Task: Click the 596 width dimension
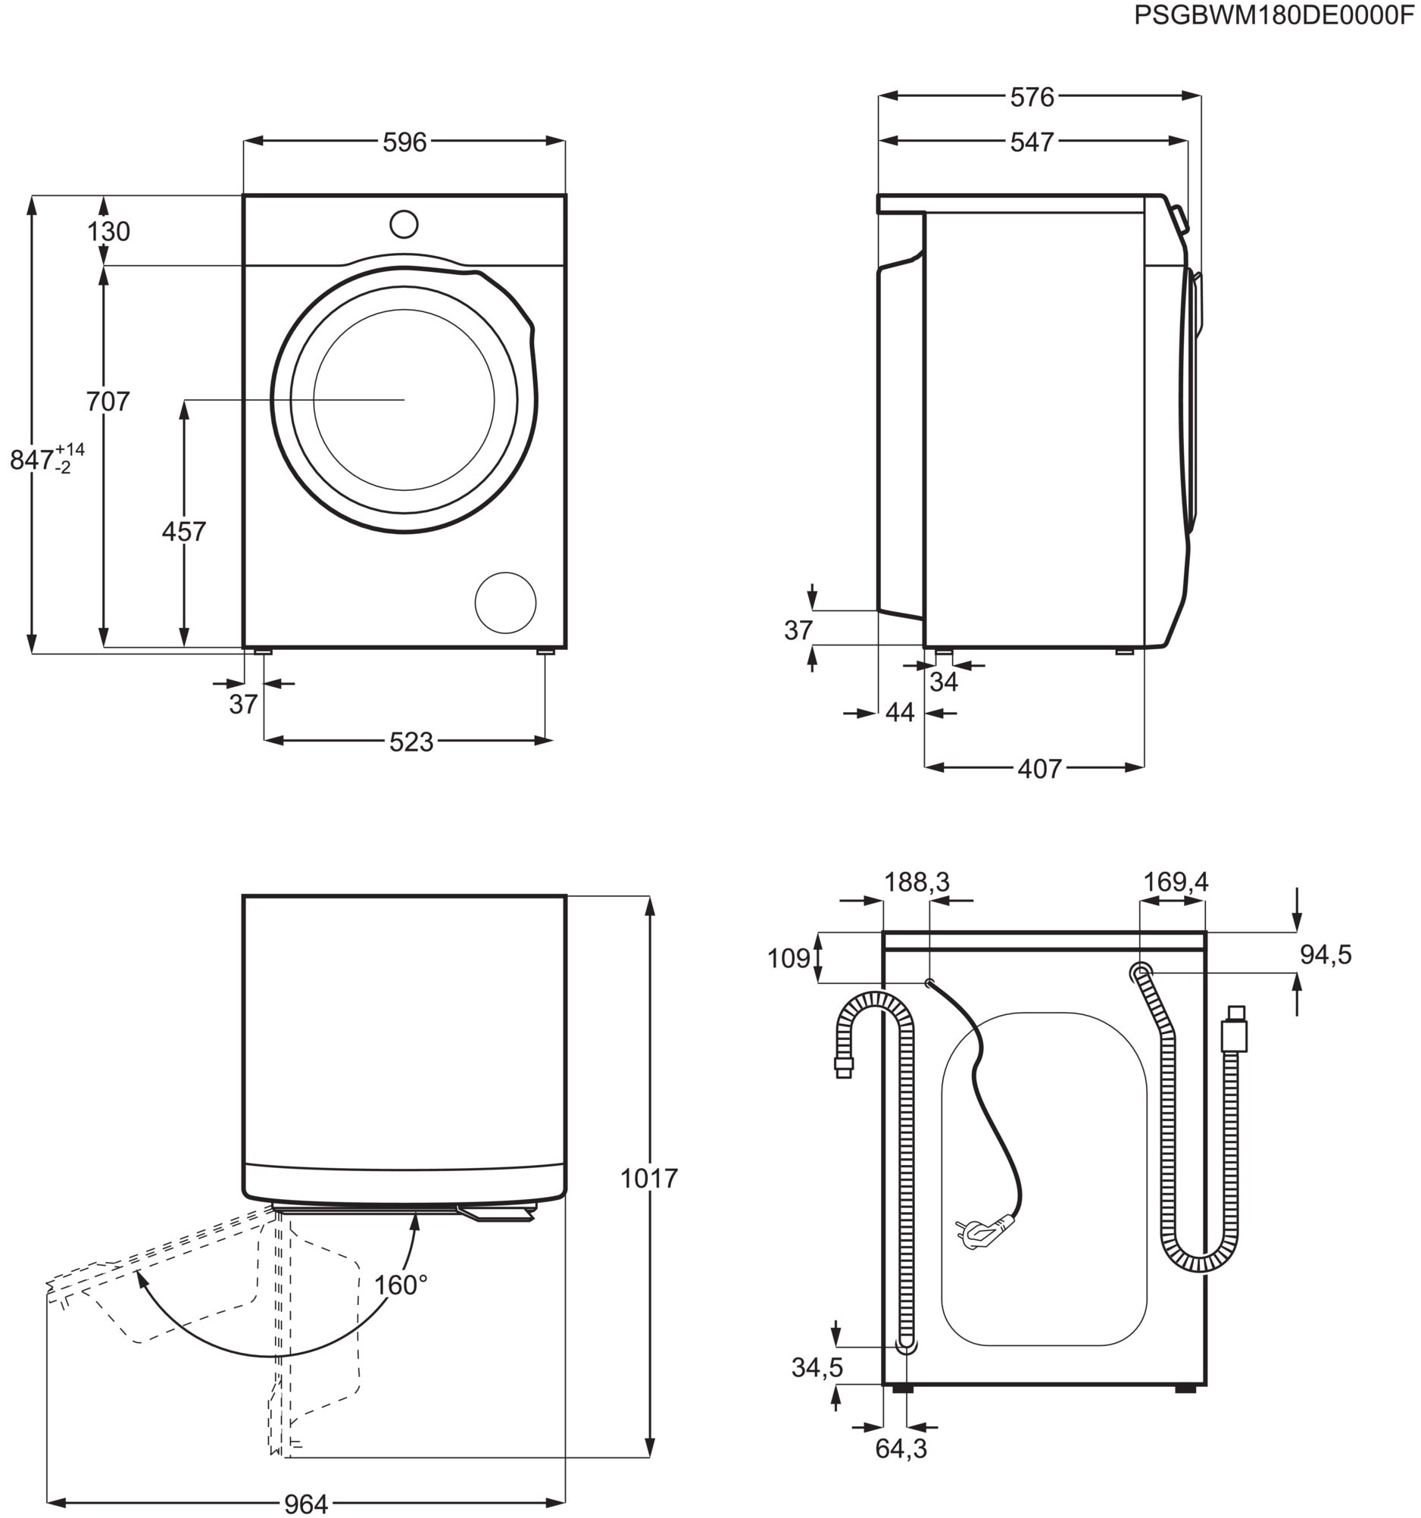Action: point(404,142)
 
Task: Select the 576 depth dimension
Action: point(1032,97)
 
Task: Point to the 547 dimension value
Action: point(1032,141)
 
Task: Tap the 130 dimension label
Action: point(108,230)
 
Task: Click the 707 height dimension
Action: point(108,401)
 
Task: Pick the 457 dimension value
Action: point(184,532)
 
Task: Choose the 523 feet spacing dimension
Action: point(411,742)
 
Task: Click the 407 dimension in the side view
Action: point(1039,768)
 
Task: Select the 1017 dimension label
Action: point(648,1178)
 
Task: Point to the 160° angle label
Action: point(400,1285)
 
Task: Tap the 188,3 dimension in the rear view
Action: point(917,882)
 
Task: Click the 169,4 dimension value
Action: point(1176,882)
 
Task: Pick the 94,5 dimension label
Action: point(1326,954)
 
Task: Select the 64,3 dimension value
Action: point(901,1448)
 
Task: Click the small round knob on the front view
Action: point(403,224)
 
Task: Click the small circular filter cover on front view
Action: point(504,602)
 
